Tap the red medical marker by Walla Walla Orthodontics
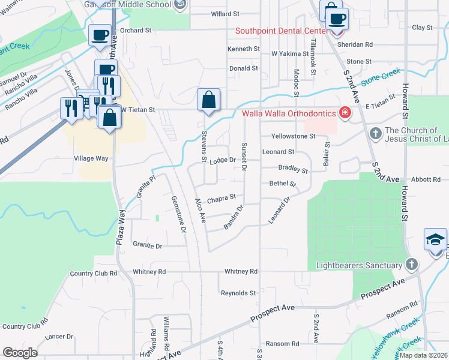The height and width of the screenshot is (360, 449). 345,113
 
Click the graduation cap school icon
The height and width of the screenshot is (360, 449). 435,240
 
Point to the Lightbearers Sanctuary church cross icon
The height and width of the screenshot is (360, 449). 411,265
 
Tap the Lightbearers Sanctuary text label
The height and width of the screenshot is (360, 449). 358,265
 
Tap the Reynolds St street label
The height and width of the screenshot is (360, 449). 238,293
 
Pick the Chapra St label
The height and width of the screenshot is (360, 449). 221,196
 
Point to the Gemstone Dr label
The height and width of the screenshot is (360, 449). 179,214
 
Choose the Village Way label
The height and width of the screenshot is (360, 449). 91,158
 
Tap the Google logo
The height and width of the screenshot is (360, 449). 20,352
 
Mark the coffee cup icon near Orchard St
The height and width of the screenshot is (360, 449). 100,35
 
